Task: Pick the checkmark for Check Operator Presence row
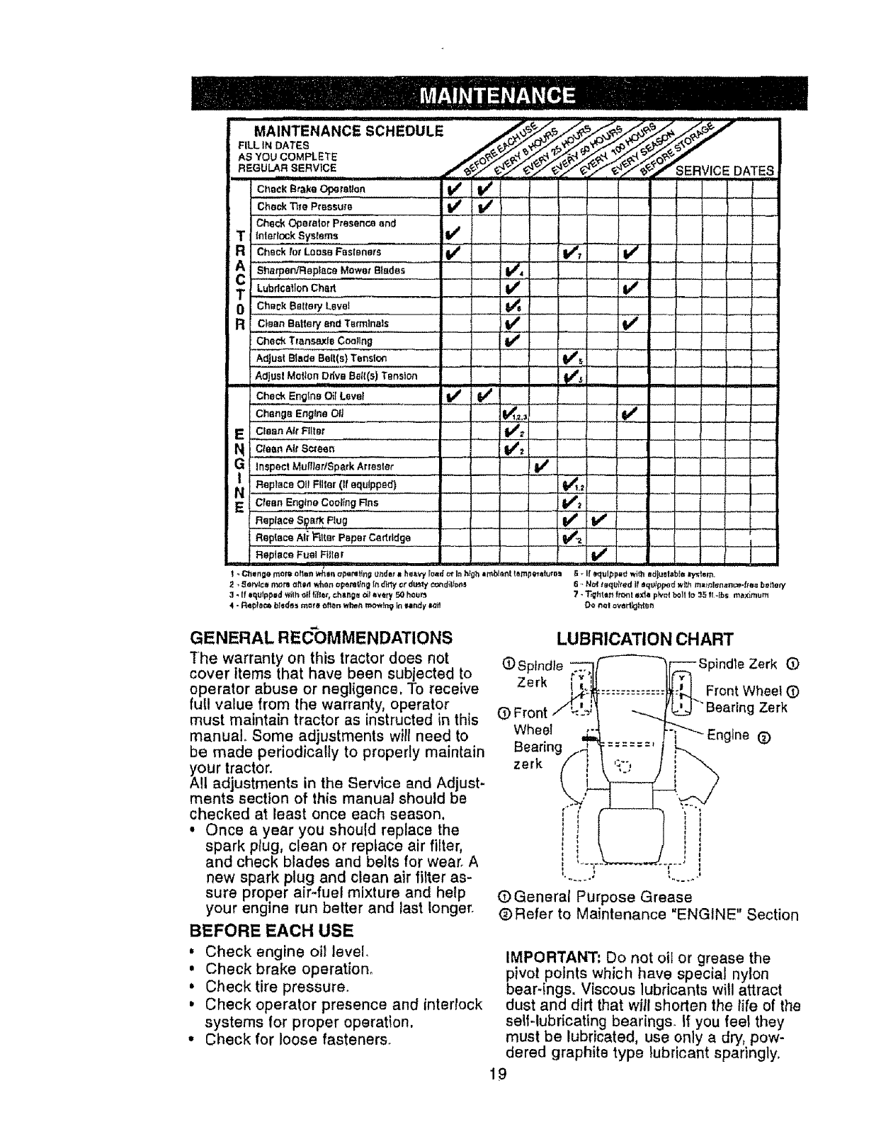[x=451, y=231]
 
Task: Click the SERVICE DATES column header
[x=724, y=171]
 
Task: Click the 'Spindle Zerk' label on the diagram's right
[x=741, y=664]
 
